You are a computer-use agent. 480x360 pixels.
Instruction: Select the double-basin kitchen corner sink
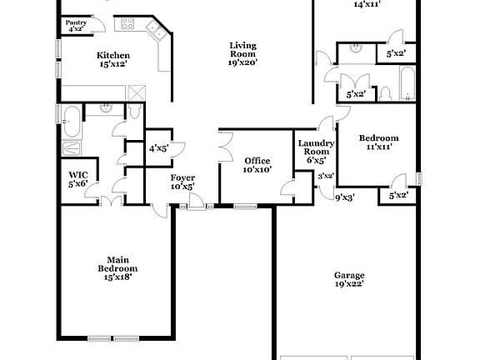(x=156, y=32)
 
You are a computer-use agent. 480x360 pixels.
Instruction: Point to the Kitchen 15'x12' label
(x=114, y=60)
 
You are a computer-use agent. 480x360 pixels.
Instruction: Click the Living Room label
(x=243, y=52)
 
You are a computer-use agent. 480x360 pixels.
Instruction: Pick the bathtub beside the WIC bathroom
(x=71, y=122)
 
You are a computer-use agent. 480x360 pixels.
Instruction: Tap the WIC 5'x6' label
(x=77, y=178)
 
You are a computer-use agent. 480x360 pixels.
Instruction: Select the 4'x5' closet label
(x=158, y=148)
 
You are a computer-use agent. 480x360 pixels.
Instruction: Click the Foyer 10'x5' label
(x=182, y=182)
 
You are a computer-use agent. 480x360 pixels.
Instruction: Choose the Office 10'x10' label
(x=257, y=165)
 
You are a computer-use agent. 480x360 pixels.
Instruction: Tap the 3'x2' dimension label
(x=326, y=176)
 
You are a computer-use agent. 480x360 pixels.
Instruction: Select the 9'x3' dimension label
(x=344, y=198)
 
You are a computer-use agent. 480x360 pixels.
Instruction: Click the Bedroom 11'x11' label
(x=378, y=142)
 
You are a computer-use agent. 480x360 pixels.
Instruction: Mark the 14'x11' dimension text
(x=367, y=4)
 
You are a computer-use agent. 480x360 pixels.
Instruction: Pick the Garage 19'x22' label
(x=349, y=279)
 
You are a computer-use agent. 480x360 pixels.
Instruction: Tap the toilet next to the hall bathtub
(x=384, y=92)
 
